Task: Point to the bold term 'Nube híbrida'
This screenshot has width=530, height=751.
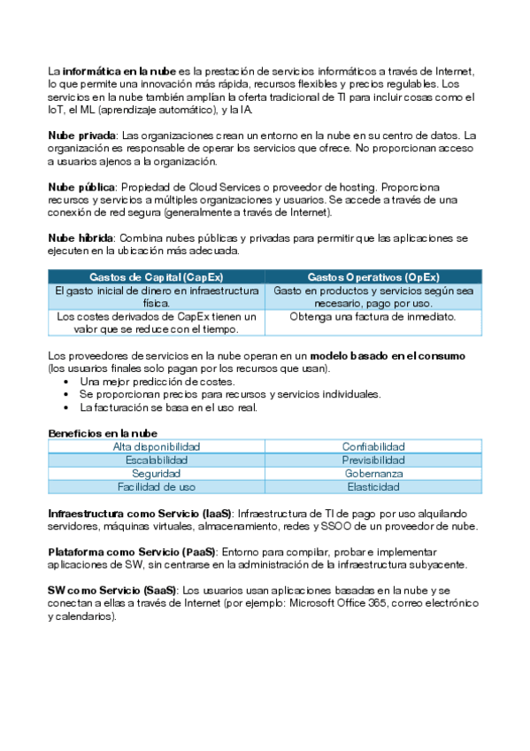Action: point(81,239)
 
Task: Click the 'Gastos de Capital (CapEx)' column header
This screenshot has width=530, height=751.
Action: point(156,277)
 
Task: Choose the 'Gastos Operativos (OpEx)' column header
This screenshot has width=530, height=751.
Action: point(373,277)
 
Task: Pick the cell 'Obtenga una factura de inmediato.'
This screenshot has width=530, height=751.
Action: point(373,317)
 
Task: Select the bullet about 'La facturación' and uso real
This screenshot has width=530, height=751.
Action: point(168,407)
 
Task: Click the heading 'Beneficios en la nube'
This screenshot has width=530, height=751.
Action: point(103,433)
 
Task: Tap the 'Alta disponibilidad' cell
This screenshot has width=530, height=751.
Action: point(157,446)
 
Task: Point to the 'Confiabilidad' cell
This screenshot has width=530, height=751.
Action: point(373,446)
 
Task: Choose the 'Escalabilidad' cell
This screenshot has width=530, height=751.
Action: point(157,461)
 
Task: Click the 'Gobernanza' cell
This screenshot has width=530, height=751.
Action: point(373,474)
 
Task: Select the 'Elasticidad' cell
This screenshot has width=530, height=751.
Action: point(373,487)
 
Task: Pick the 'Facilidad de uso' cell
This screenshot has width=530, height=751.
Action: point(157,487)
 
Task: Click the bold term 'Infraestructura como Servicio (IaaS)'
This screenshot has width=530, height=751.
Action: point(140,514)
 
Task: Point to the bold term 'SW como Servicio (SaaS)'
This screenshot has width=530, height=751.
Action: point(111,590)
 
